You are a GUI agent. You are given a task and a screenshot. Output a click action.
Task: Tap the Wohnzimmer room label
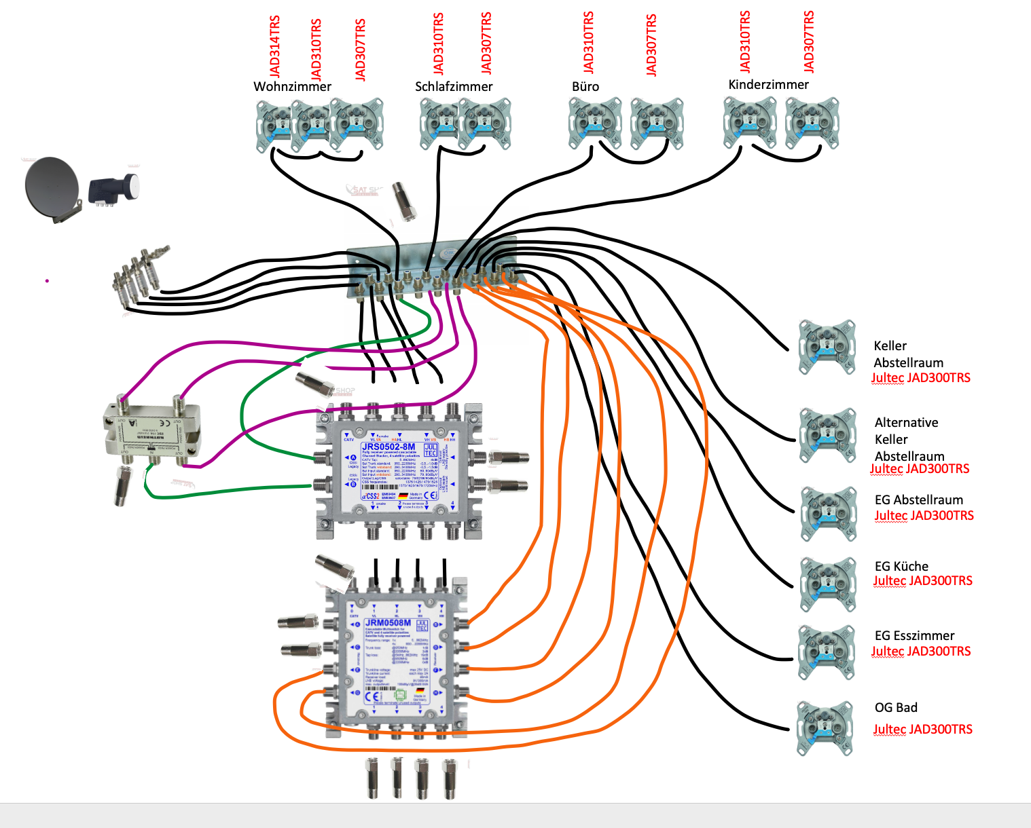(292, 87)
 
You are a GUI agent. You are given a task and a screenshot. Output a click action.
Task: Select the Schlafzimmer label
(454, 87)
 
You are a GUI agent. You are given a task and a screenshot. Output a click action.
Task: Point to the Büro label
(585, 87)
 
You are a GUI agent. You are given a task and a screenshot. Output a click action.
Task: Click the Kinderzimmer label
(768, 85)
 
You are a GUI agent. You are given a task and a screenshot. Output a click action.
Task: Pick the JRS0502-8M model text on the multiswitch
(388, 447)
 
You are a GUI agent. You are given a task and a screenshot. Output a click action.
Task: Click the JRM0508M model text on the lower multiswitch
(388, 622)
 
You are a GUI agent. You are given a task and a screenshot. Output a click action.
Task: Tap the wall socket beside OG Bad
(825, 728)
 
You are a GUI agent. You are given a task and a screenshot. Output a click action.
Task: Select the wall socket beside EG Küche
(827, 584)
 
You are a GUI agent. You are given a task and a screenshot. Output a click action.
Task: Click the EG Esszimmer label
(914, 636)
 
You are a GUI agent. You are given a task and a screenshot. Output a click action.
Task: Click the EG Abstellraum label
(918, 500)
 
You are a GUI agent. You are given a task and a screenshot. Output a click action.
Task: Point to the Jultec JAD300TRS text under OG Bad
(922, 730)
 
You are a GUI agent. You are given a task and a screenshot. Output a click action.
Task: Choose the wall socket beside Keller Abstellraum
(827, 347)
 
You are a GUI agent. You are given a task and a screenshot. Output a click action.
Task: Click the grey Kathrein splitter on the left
(151, 432)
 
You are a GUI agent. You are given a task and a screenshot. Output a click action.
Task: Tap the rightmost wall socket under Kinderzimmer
(812, 122)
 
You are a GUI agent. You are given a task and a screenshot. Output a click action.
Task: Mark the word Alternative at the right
(906, 423)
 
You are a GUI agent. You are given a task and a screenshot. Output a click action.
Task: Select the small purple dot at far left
(47, 280)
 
